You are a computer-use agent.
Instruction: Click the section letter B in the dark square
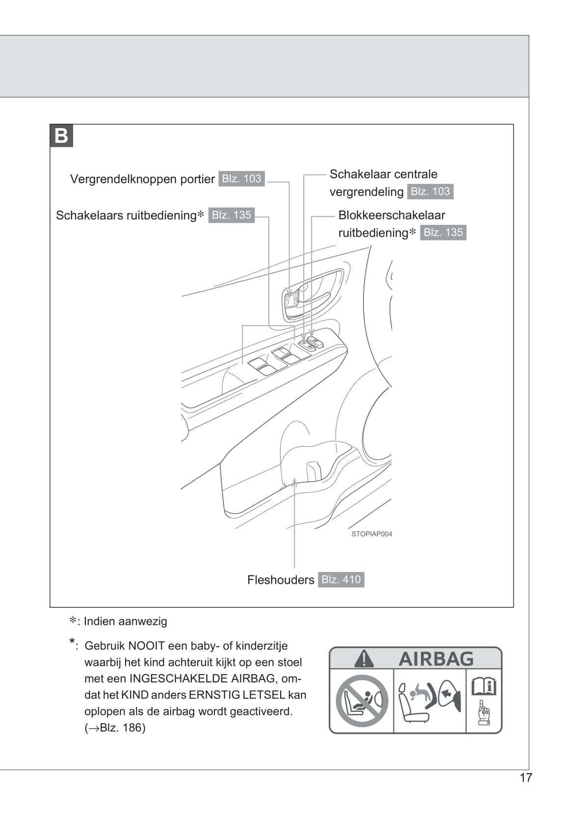point(61,135)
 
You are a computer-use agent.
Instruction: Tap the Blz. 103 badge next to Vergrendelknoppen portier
point(241,179)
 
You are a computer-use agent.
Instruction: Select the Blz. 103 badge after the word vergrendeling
point(430,191)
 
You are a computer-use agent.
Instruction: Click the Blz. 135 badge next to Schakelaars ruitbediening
point(232,215)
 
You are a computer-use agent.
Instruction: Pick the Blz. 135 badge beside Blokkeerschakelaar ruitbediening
point(443,233)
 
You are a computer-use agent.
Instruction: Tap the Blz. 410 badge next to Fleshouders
point(341,580)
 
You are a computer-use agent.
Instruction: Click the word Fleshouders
point(281,580)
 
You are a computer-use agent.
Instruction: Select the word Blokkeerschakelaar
point(391,215)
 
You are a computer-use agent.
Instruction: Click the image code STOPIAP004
point(372,534)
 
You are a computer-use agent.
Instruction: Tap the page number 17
point(525,778)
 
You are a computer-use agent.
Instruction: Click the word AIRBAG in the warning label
point(436,659)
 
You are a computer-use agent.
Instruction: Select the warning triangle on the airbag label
point(364,659)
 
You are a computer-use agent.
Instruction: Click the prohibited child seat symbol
point(362,701)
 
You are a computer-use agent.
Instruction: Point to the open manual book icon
point(484,686)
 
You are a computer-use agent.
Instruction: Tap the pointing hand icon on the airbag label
point(484,713)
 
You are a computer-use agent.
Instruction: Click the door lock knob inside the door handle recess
point(291,300)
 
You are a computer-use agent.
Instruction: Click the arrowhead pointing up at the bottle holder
point(294,481)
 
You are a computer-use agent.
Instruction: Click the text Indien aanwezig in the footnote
point(125,622)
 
